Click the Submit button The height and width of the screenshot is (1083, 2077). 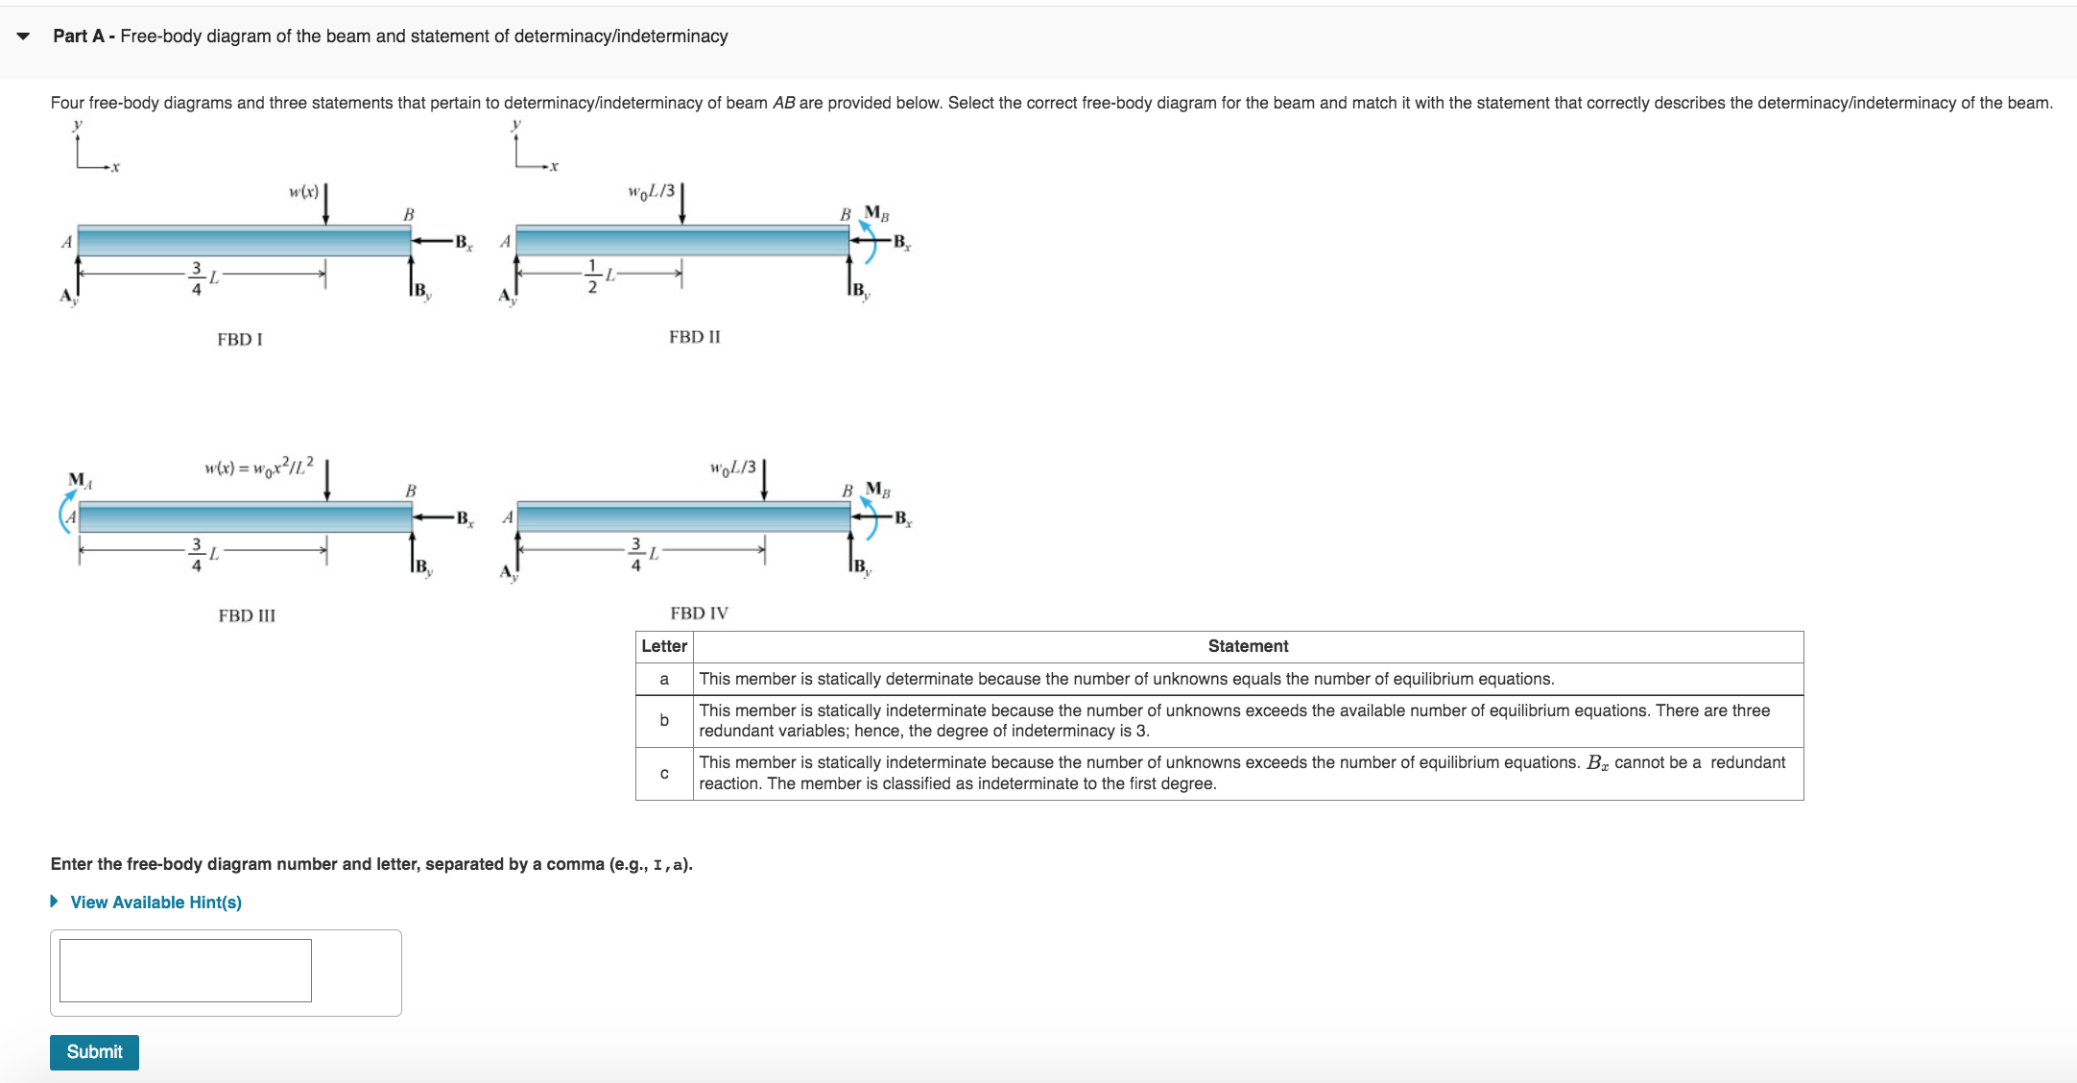[94, 1051]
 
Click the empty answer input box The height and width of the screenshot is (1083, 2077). [185, 970]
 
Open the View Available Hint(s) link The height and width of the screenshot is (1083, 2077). [155, 902]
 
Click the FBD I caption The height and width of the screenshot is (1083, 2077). [240, 339]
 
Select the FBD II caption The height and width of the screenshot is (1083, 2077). [694, 337]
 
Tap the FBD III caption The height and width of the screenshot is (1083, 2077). [247, 615]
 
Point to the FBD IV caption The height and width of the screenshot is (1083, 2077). [699, 613]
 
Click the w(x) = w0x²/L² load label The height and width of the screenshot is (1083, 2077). [258, 467]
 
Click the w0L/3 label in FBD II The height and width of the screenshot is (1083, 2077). [652, 191]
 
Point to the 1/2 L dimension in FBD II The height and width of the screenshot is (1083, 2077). [601, 275]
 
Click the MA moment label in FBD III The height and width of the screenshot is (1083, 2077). [80, 479]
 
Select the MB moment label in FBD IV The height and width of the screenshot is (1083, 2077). [877, 489]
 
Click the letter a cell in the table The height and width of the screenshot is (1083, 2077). [663, 679]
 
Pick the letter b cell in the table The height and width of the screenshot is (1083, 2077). [663, 720]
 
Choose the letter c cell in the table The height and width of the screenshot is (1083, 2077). [663, 773]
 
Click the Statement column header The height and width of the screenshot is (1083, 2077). [1248, 646]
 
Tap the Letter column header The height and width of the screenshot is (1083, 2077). [663, 646]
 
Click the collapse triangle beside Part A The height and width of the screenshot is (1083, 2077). [23, 36]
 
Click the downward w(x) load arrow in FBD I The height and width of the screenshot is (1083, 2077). [326, 204]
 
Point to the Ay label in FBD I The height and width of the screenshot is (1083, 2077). [68, 296]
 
